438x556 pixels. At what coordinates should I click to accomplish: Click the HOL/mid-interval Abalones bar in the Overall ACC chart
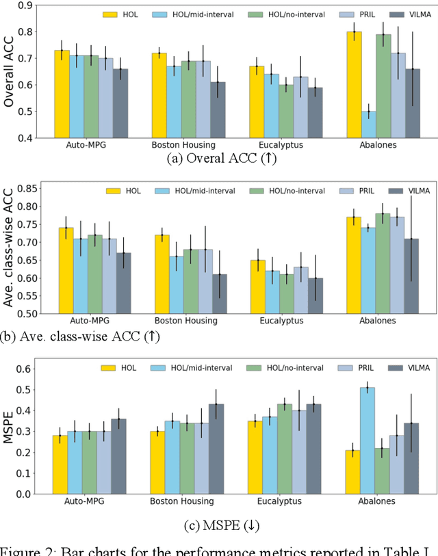368,124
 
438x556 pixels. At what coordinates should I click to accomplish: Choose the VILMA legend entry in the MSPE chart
409,368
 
